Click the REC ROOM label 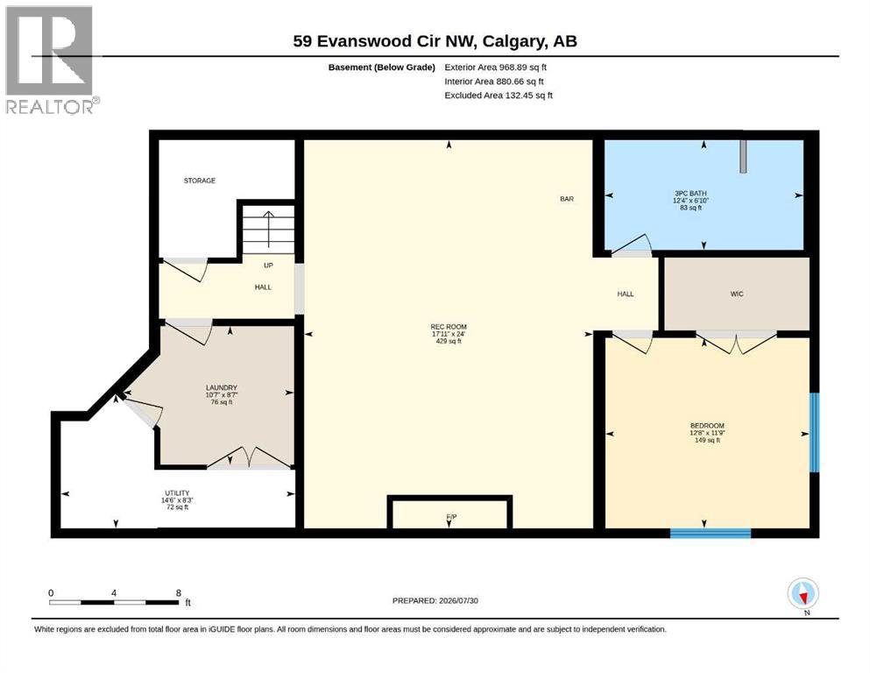tap(449, 327)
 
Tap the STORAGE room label tap(200, 181)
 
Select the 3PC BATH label tap(690, 193)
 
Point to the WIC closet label tap(737, 294)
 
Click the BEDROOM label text tap(707, 426)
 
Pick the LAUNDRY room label tap(222, 387)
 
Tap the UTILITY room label tap(177, 492)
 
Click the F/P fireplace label tap(451, 517)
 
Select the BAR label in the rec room tap(567, 199)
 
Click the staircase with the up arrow tap(269, 230)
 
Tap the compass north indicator tap(803, 593)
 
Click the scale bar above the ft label tap(114, 602)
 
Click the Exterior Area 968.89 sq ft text tap(496, 67)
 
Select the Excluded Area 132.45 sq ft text tap(499, 96)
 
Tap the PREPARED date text tap(435, 600)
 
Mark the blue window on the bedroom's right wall tap(814, 432)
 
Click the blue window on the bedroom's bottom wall tap(711, 533)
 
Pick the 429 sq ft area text tap(449, 341)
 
